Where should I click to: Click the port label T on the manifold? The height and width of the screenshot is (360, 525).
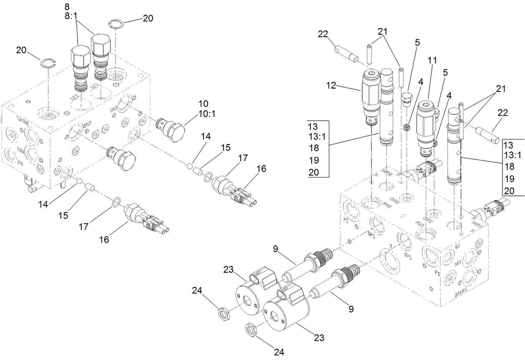pos(390,246)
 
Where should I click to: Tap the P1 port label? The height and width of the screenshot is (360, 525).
pos(437,273)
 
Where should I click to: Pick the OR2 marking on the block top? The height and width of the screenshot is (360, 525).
pos(394,201)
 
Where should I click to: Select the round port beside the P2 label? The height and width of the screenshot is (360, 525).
pos(349,205)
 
